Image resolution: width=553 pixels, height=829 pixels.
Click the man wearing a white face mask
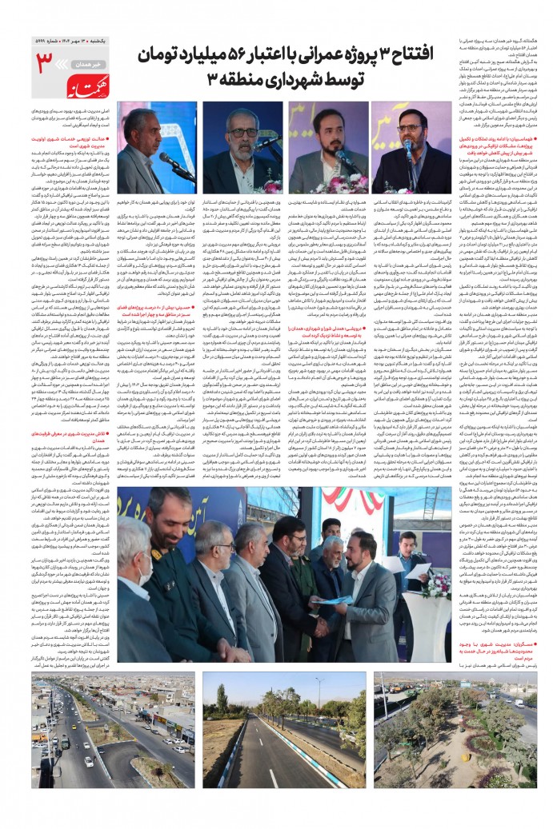click(139, 568)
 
